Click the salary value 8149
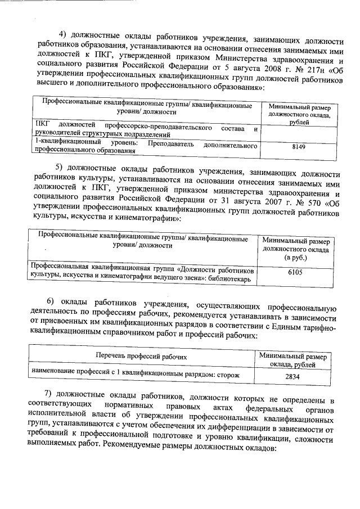[x=299, y=147]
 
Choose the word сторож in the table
[x=229, y=374]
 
